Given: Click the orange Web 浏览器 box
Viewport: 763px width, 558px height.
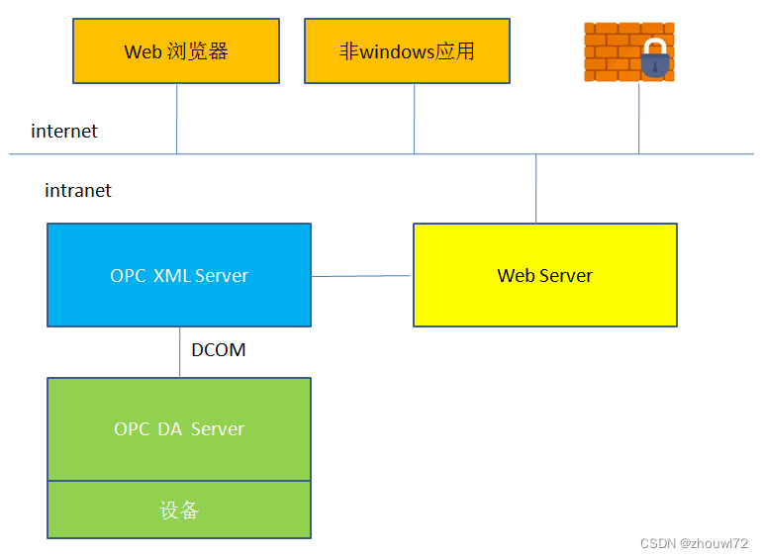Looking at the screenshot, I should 176,50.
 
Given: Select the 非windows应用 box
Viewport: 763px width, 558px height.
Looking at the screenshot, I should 407,50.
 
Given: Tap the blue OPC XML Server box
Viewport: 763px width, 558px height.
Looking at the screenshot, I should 179,275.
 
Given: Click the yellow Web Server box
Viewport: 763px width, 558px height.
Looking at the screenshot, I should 544,275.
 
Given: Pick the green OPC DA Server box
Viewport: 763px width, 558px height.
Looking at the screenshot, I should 179,428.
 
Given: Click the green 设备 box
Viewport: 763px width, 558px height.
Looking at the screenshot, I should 179,510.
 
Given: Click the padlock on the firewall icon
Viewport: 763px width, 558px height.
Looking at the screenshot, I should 655,60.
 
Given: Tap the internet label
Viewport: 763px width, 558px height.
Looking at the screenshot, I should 64,132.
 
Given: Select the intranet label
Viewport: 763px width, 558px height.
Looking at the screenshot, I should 78,191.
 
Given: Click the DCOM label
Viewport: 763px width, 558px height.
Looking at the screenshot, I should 219,350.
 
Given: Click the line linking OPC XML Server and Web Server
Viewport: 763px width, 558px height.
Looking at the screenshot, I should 361,276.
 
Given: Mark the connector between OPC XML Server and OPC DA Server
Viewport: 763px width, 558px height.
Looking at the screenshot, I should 179,352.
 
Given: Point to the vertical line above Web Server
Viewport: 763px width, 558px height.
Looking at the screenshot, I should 536,188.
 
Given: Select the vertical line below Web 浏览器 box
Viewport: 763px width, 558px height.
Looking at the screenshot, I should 177,119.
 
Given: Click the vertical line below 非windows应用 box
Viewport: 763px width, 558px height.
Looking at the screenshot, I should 414,119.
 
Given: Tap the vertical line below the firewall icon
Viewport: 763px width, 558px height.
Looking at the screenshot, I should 638,119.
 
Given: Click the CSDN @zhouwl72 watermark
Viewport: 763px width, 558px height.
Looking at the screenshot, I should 694,544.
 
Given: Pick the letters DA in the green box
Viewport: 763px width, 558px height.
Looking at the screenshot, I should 169,428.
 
